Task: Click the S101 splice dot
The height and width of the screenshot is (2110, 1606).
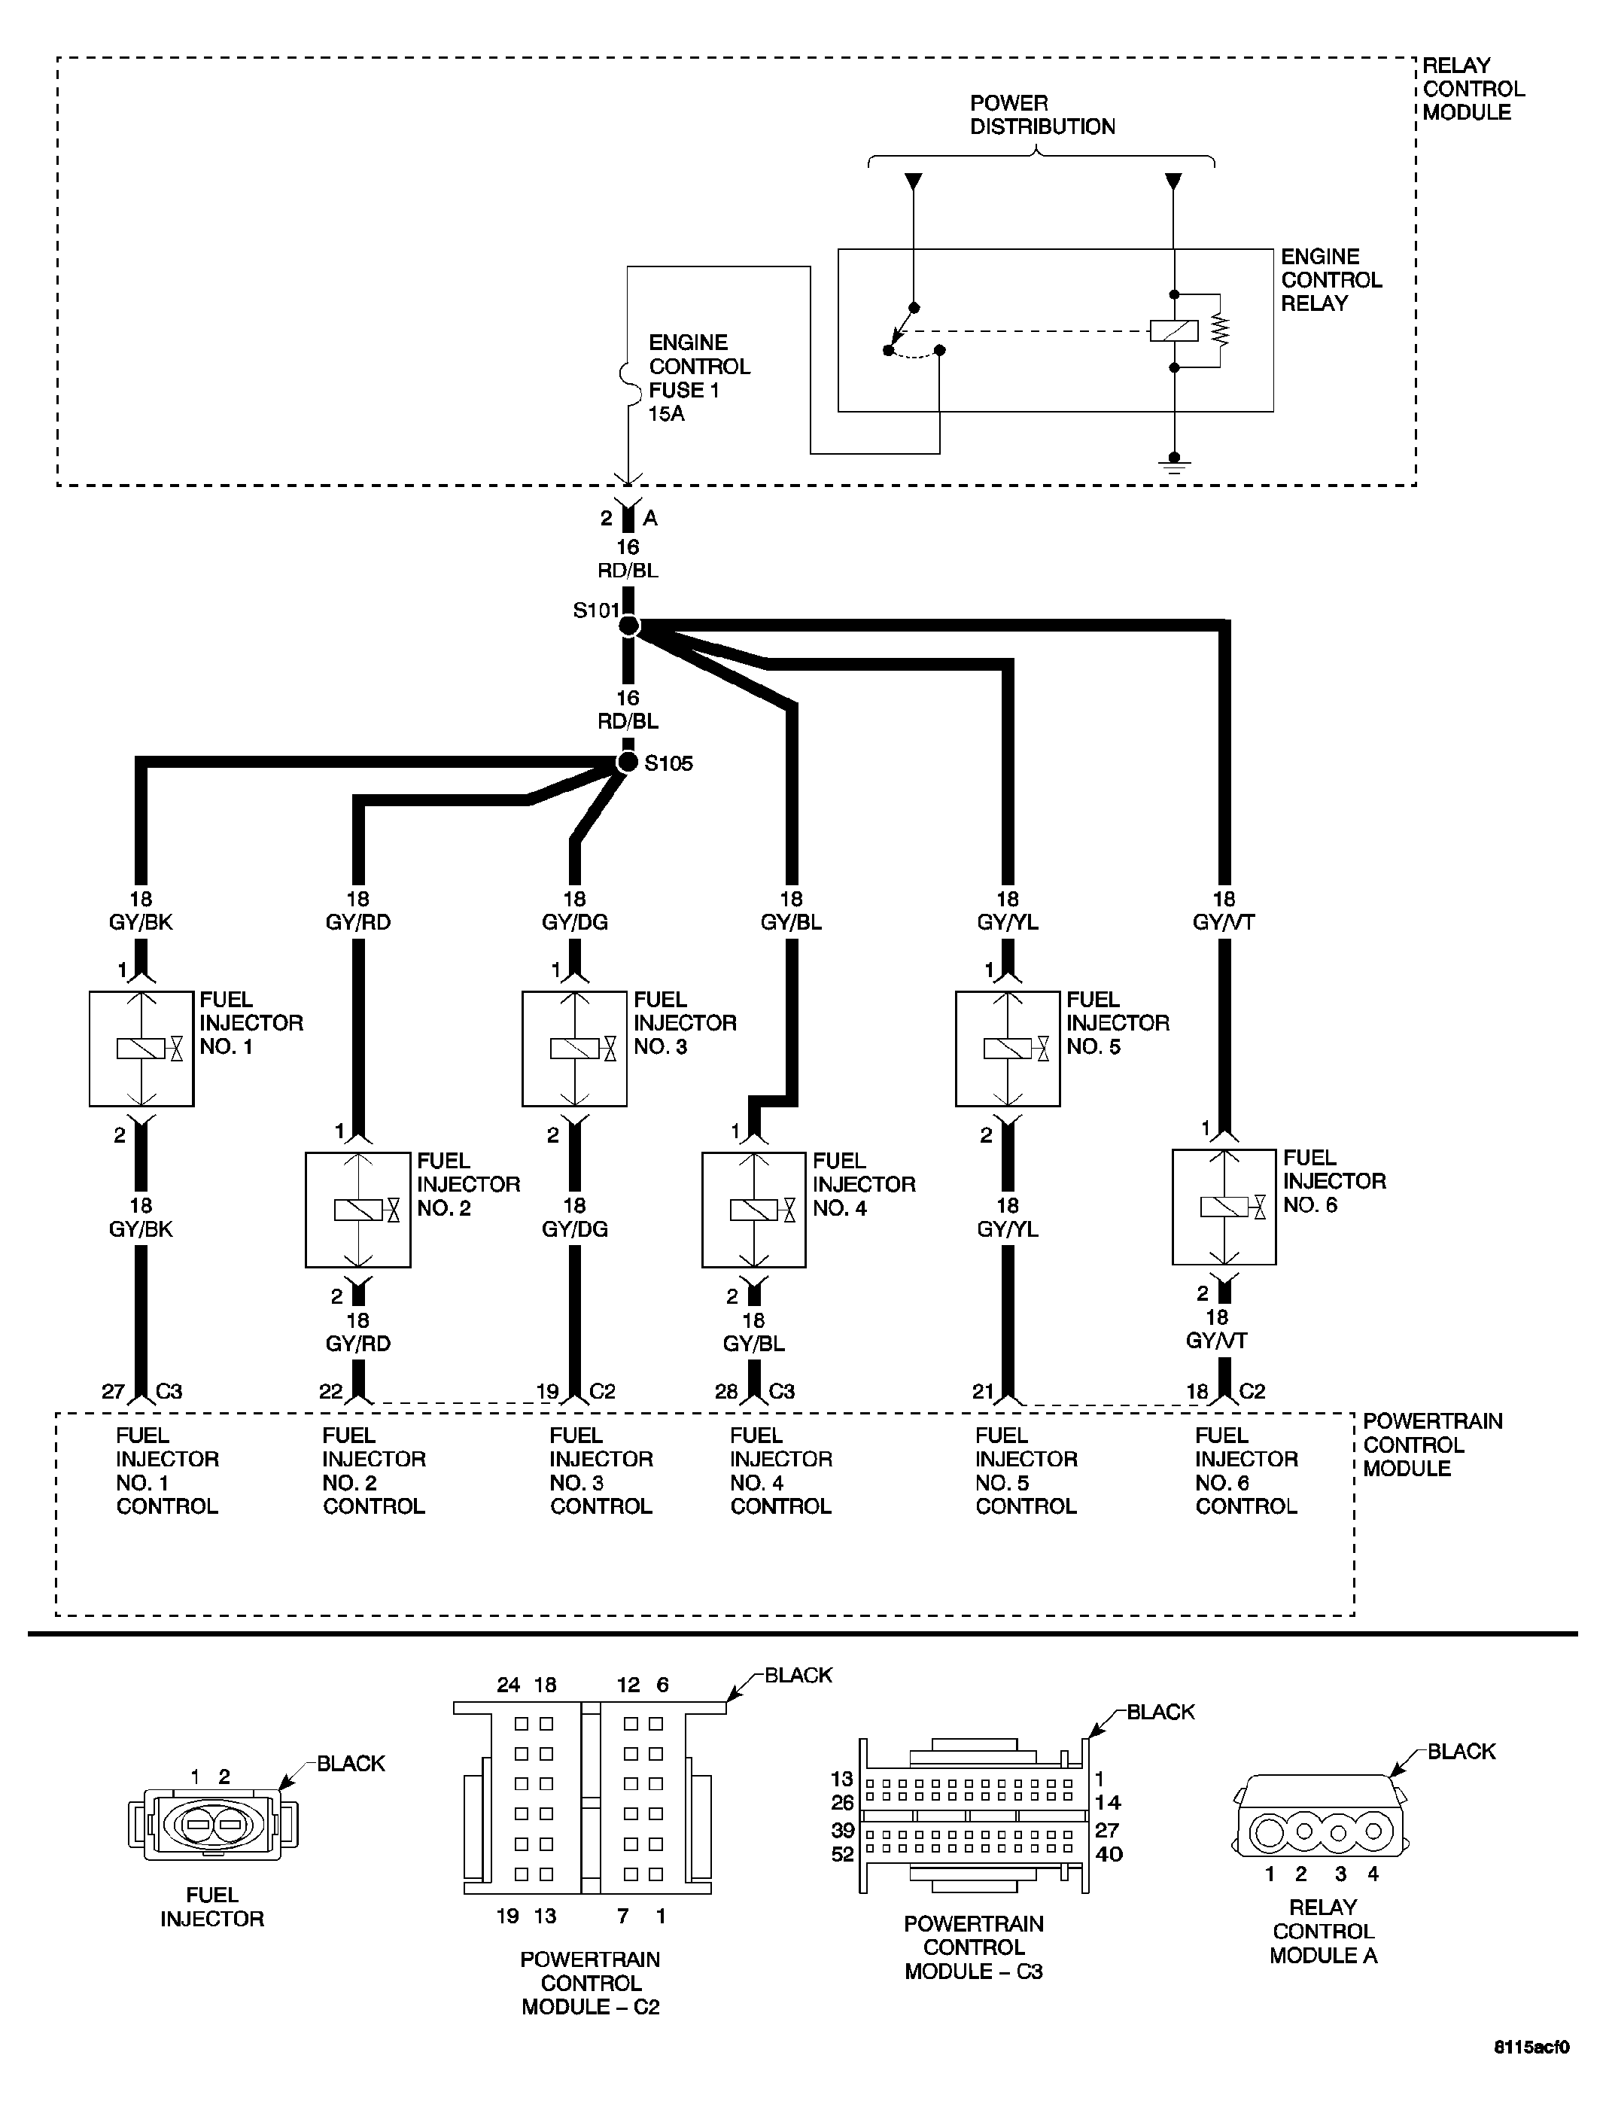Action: (x=628, y=626)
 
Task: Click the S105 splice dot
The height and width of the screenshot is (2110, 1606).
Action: (x=627, y=762)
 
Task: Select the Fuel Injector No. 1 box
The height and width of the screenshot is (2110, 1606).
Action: (x=141, y=1048)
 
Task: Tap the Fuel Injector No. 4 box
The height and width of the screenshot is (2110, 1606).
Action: (x=754, y=1210)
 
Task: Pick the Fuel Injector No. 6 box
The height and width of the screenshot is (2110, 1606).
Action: (x=1224, y=1207)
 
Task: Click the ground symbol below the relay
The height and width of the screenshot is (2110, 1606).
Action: (x=1174, y=466)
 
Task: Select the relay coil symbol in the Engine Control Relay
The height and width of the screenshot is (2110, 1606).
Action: (x=1174, y=330)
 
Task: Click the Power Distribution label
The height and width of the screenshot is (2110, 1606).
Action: (x=1042, y=114)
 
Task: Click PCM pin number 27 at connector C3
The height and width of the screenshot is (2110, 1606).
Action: (x=113, y=1392)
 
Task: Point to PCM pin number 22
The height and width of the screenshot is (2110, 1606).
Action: (x=331, y=1392)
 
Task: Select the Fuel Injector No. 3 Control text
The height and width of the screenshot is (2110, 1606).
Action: (x=601, y=1470)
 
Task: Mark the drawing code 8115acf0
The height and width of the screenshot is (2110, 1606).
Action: (x=1531, y=2074)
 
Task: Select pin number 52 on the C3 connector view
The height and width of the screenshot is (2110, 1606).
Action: (x=842, y=1855)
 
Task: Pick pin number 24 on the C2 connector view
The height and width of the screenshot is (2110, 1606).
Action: (x=507, y=1685)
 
